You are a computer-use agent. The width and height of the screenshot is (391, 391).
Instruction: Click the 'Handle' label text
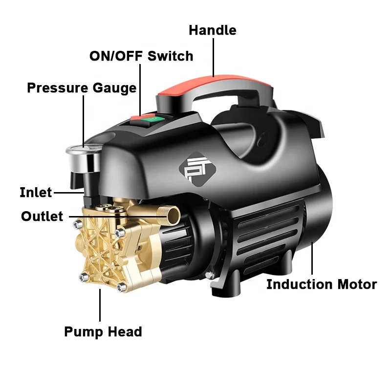212,30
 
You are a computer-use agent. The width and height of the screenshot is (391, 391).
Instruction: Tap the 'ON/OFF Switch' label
141,56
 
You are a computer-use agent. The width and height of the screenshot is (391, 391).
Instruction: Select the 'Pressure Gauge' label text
82,88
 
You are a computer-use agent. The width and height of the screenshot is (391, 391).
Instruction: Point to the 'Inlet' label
36,192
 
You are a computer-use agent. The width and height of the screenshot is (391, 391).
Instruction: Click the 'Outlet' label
42,216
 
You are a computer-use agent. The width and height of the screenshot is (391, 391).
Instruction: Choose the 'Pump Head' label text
103,332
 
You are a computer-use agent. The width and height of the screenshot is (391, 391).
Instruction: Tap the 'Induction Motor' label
321,284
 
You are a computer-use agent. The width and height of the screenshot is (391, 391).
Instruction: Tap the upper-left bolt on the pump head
77,225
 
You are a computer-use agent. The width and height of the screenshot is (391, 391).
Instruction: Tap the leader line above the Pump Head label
101,306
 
